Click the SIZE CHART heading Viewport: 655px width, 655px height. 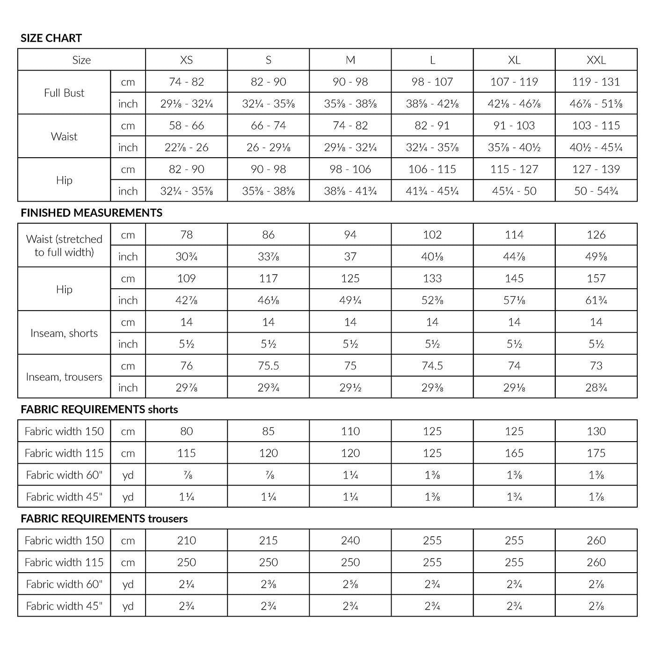[51, 38]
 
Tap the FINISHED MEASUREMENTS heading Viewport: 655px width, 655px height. [91, 213]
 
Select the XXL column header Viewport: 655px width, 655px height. [596, 60]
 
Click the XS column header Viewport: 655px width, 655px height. [186, 60]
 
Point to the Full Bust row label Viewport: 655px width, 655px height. [64, 93]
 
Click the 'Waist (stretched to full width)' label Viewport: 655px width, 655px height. [64, 246]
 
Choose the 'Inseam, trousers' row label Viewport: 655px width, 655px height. [64, 377]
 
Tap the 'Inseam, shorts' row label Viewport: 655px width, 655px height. [64, 333]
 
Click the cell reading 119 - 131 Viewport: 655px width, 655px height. [596, 82]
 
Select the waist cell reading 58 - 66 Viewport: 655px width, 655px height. [186, 125]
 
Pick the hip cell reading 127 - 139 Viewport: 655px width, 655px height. [596, 169]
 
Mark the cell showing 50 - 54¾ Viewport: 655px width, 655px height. [596, 191]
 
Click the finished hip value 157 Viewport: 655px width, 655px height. [596, 278]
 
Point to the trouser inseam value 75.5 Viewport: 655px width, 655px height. [268, 366]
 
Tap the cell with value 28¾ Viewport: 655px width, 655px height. [596, 387]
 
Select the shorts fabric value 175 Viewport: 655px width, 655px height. [596, 453]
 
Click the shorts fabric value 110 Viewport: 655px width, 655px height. [350, 431]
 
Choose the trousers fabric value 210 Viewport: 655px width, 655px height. [186, 540]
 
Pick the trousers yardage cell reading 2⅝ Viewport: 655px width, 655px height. [350, 584]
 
